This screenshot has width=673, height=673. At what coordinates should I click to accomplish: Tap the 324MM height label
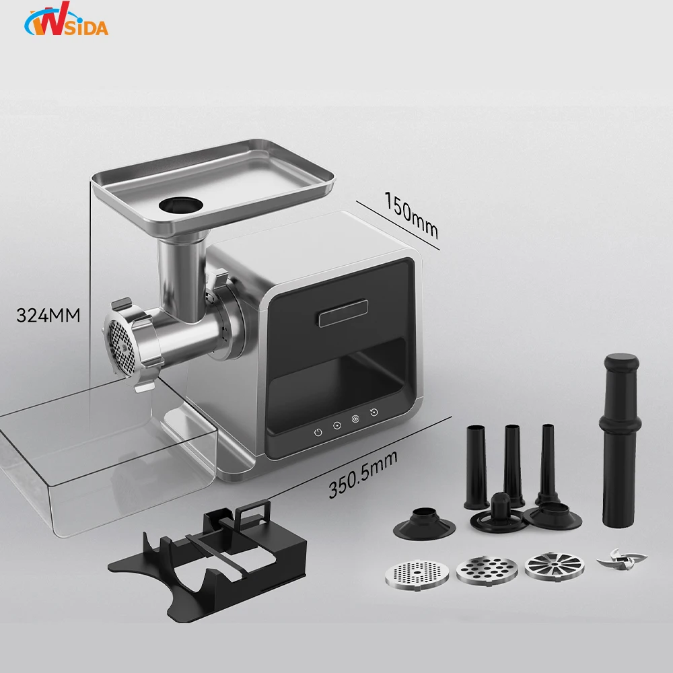48,315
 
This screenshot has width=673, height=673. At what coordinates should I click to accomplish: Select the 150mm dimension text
411,214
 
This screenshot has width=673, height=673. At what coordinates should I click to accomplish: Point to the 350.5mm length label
363,474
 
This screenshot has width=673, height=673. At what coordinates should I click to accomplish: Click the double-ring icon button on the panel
355,419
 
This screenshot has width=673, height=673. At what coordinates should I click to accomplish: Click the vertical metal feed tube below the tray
180,276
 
